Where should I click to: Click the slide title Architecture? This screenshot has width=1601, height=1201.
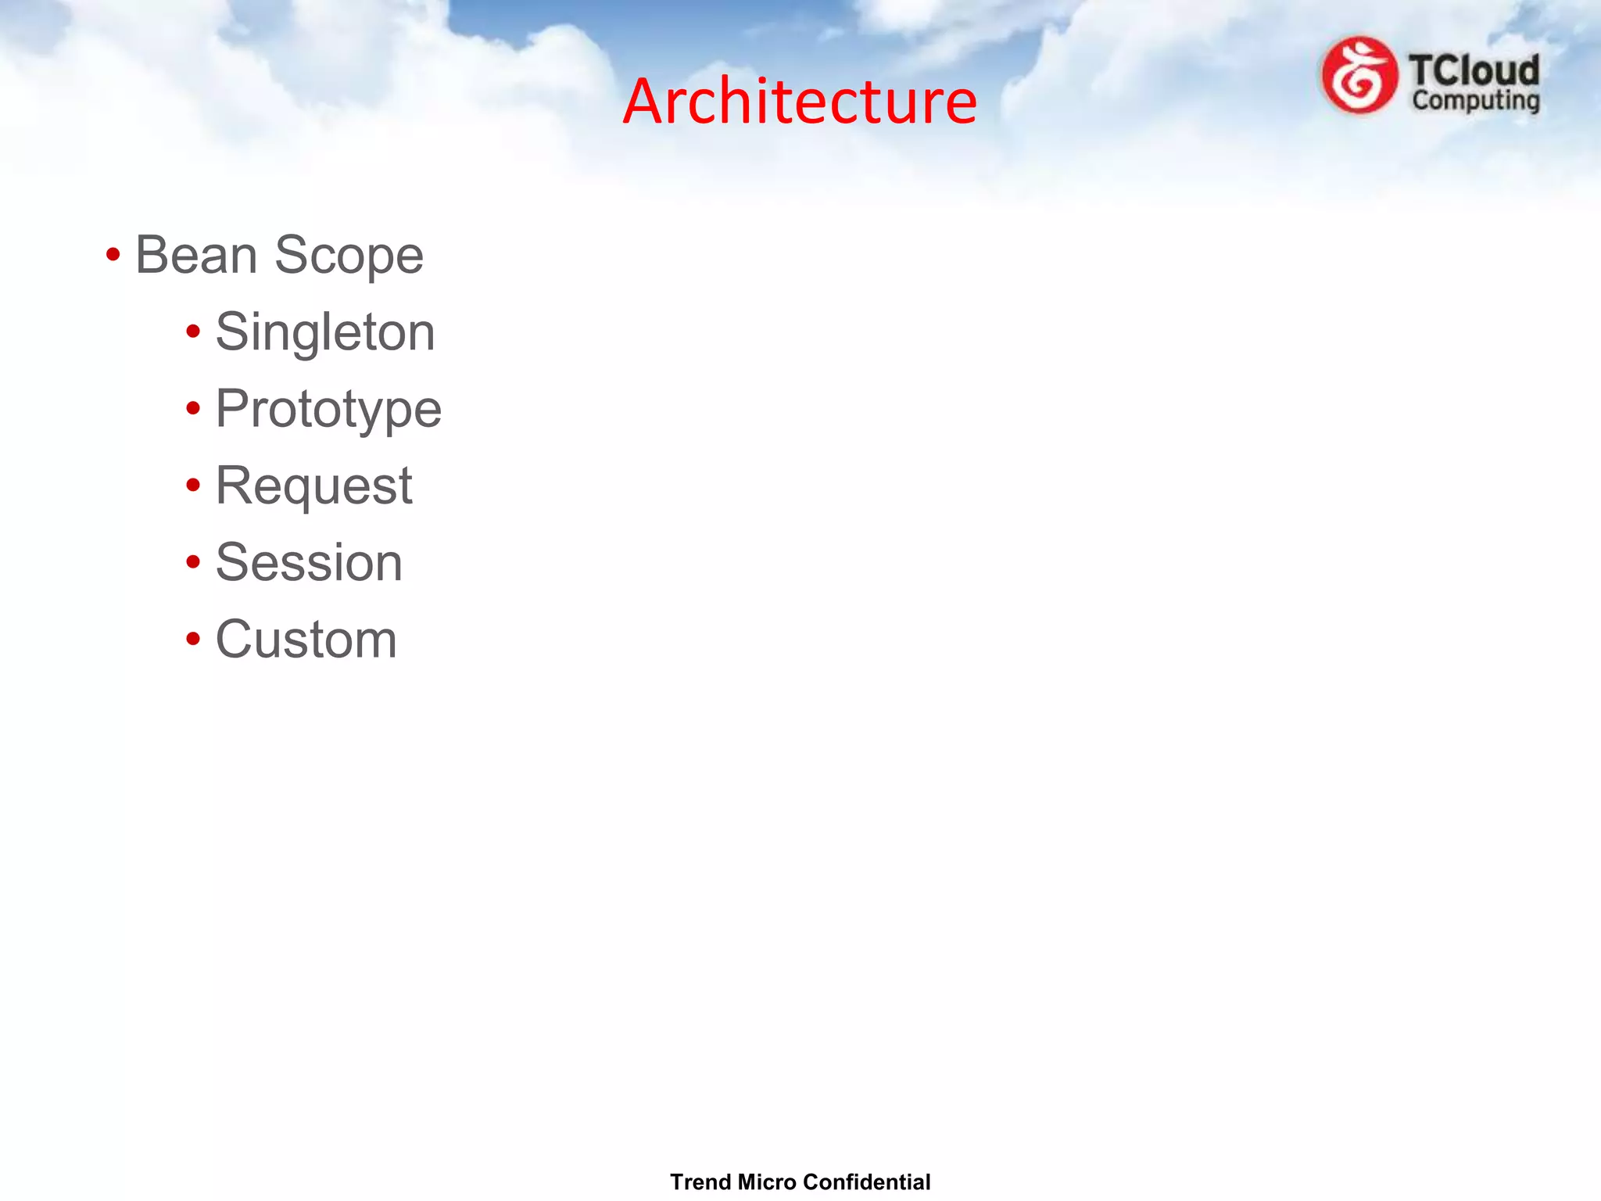[x=800, y=102]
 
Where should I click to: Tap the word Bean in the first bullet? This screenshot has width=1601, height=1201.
[x=196, y=255]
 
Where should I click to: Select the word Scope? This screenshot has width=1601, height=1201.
[x=349, y=256]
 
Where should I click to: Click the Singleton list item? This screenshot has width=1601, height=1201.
[x=324, y=332]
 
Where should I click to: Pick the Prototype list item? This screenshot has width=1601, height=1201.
[x=328, y=410]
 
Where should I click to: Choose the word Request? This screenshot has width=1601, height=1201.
[x=313, y=486]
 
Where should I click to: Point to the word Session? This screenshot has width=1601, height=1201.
[x=309, y=562]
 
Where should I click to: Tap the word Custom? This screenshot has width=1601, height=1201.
[x=306, y=640]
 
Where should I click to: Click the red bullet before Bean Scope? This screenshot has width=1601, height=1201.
[x=113, y=255]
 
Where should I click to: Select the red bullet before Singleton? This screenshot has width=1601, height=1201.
[x=193, y=332]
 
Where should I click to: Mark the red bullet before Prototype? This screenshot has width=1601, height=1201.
[x=193, y=408]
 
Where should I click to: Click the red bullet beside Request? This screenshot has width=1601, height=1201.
[x=193, y=486]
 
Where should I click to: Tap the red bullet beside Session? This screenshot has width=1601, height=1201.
[x=193, y=561]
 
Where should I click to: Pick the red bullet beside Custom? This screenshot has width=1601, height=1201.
[x=193, y=639]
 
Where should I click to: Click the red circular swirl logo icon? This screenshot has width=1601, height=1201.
[x=1359, y=76]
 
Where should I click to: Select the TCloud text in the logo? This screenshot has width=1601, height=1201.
[x=1474, y=71]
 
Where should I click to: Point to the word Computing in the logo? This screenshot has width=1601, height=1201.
[x=1476, y=101]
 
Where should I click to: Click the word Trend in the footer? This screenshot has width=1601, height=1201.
[x=700, y=1181]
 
